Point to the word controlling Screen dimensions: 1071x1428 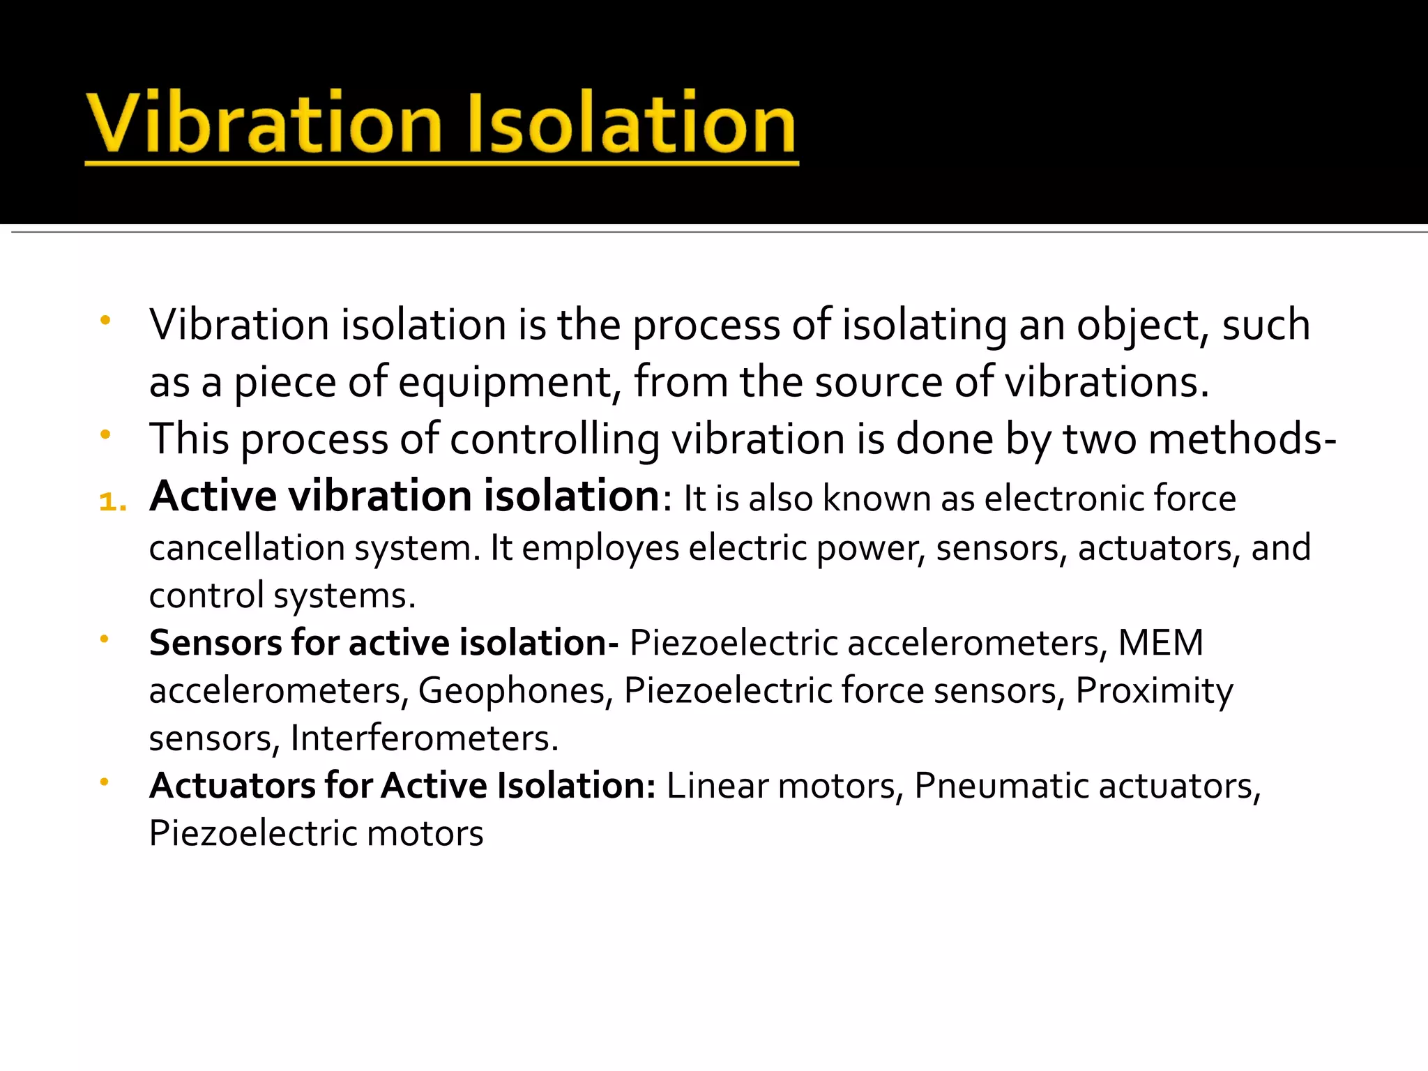coord(554,440)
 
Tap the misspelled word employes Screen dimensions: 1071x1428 coord(600,548)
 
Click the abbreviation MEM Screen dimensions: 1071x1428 coord(1161,643)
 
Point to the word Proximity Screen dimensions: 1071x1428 coord(1154,690)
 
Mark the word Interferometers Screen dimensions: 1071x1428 coord(424,738)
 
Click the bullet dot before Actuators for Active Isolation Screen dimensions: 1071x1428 coord(105,782)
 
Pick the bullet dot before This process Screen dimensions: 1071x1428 coord(105,435)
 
